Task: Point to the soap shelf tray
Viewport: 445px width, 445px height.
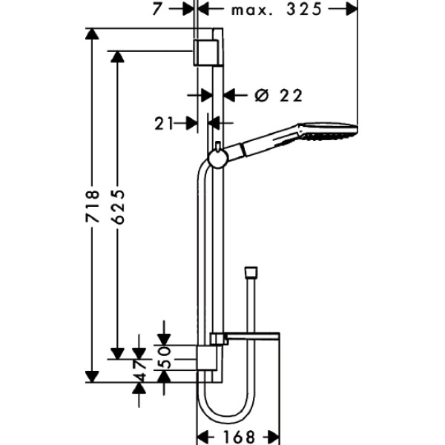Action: pyautogui.click(x=252, y=338)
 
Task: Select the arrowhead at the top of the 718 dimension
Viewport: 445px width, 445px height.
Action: pyautogui.click(x=93, y=34)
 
